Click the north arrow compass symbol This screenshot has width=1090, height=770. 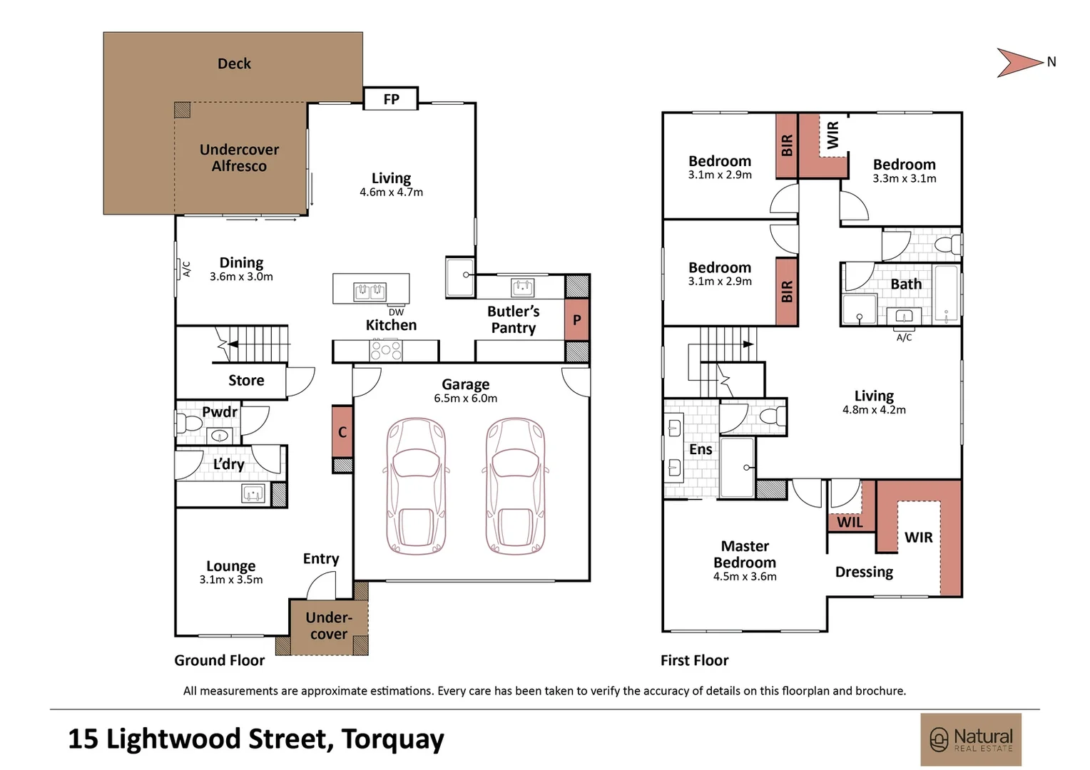(1020, 62)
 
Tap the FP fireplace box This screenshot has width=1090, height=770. (391, 98)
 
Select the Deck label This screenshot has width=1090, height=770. (234, 63)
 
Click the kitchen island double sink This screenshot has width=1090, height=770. (370, 292)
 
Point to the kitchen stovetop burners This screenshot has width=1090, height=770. (385, 350)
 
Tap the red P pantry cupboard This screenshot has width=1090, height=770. (576, 319)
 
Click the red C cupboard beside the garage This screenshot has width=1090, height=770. (342, 431)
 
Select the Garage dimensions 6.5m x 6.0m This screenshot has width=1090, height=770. (466, 399)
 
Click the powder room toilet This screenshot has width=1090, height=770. (189, 423)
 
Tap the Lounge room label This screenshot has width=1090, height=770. (230, 565)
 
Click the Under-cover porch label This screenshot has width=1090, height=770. (329, 625)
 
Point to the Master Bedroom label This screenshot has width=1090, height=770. (745, 554)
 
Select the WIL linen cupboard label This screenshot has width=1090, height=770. (850, 523)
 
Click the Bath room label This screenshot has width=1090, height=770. (906, 284)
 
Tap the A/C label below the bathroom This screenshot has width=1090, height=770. (904, 337)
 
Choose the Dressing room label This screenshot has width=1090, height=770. (864, 572)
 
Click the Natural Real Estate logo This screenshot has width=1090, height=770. (971, 739)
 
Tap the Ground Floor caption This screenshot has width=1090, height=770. (220, 660)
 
